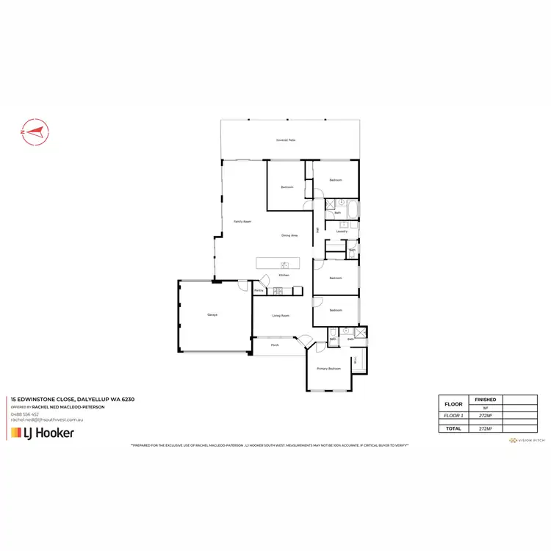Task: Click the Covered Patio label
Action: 286,139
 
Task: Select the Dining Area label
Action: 289,235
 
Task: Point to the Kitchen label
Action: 284,275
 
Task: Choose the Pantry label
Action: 259,291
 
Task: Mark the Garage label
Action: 212,314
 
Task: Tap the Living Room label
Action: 281,315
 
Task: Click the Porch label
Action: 275,345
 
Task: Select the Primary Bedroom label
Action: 328,368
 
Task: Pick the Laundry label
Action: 342,231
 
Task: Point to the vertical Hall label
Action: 317,230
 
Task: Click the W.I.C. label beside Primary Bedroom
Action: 356,361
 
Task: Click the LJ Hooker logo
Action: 42,433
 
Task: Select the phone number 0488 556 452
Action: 26,414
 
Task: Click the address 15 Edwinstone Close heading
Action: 71,400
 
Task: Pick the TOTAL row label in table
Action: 454,428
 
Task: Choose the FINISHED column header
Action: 486,400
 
